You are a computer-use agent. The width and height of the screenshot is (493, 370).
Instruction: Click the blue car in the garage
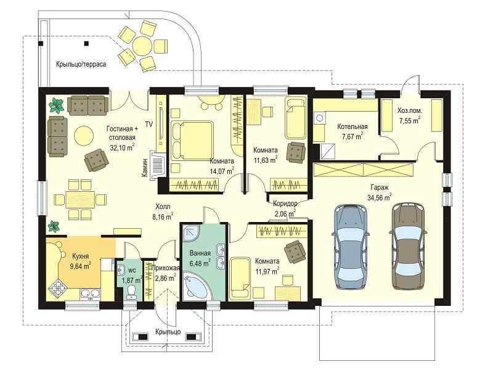coord(351,247)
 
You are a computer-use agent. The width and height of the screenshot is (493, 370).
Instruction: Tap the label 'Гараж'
coord(379,187)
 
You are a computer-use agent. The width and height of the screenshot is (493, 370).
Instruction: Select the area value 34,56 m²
coord(379,197)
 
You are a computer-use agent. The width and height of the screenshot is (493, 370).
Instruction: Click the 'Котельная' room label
coord(352,127)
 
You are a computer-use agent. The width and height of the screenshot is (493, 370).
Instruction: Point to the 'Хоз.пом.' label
coord(410,110)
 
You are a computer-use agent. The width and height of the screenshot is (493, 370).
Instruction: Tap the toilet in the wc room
coord(131,292)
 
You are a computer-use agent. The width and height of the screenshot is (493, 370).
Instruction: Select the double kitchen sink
coord(90,294)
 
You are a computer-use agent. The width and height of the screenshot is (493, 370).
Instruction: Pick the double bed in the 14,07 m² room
coord(192,141)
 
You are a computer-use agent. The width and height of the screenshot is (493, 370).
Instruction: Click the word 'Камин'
coord(145,167)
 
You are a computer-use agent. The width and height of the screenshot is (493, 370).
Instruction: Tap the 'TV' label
coord(149,125)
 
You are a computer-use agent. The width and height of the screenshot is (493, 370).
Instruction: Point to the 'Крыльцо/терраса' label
coord(81,64)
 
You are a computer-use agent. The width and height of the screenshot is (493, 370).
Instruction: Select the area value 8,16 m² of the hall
coord(163,217)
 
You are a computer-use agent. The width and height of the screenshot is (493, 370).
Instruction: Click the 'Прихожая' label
coord(165,268)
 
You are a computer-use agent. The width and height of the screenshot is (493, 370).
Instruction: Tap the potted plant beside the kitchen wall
coord(54,226)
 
